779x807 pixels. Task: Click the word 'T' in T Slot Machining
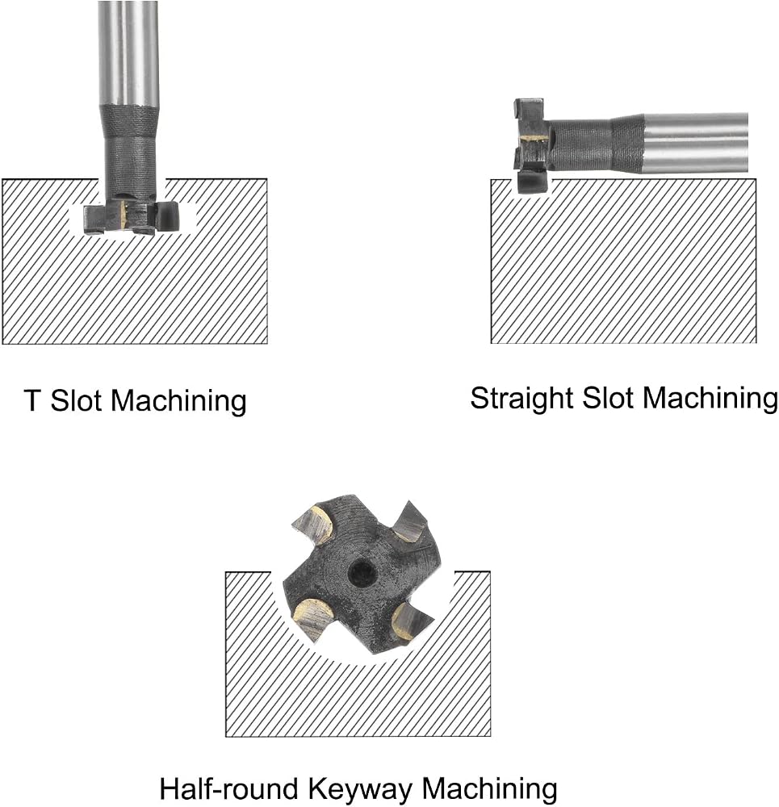[32, 400]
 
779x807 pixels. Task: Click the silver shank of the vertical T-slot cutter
[128, 52]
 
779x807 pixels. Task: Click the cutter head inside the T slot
[132, 216]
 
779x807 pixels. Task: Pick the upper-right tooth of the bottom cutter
[411, 522]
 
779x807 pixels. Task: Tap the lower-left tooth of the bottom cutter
[314, 619]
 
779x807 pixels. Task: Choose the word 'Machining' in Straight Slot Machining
[710, 399]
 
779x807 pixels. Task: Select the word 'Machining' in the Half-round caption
[490, 790]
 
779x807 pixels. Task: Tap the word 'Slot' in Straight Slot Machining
[608, 398]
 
